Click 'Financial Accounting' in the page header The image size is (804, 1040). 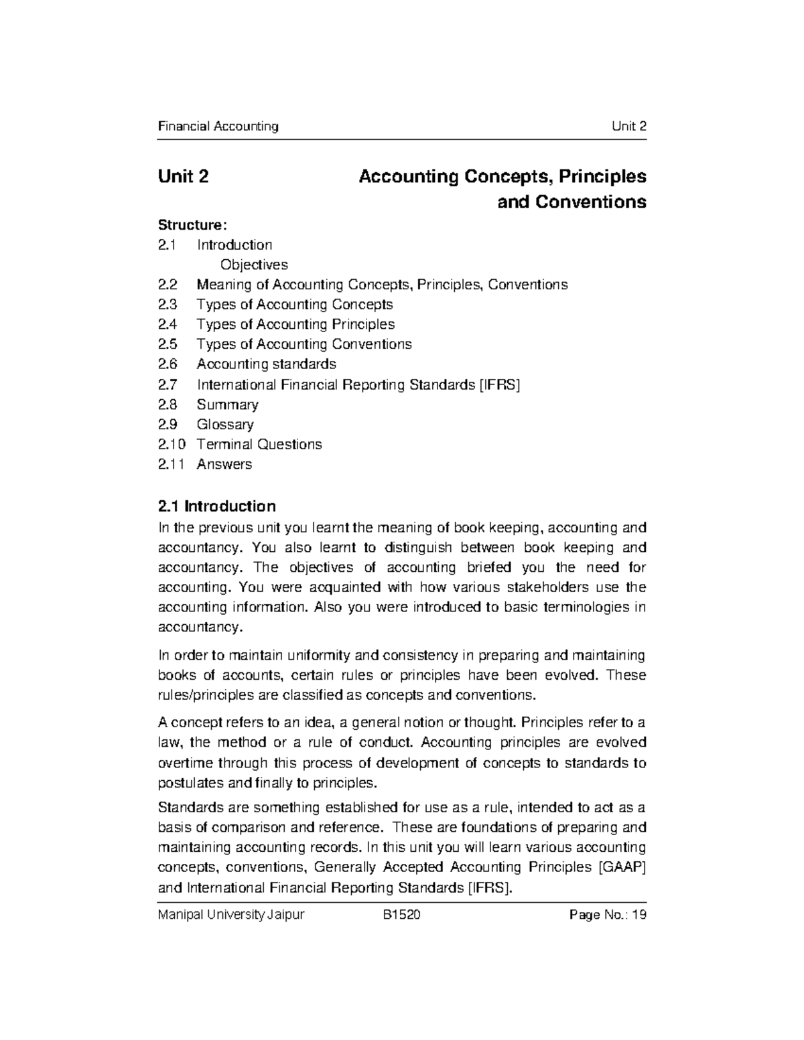point(218,127)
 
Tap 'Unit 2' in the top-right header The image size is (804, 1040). point(628,127)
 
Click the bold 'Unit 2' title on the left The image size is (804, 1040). point(183,177)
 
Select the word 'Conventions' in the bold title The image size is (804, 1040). point(572,202)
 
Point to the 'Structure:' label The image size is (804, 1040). point(188,224)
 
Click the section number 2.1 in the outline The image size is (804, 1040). point(166,245)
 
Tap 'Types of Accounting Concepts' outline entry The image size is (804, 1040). point(294,305)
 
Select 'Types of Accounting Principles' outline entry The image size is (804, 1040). point(295,325)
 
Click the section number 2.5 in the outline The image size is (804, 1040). point(167,344)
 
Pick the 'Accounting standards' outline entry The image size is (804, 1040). point(266,364)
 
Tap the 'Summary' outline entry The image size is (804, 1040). point(227,404)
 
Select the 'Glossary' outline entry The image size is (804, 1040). point(225,425)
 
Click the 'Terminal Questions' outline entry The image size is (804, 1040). point(259,445)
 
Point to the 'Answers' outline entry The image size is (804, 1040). point(224,464)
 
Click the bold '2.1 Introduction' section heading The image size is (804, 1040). point(216,506)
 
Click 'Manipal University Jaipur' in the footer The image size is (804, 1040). point(230,915)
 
